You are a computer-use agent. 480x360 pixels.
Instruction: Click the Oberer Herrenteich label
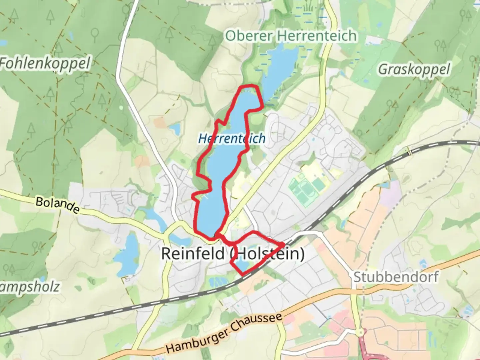click(291, 36)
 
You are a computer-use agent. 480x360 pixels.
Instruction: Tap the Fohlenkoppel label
click(45, 63)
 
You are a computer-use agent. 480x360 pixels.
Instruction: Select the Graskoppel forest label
click(414, 69)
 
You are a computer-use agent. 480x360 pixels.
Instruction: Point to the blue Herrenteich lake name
click(232, 138)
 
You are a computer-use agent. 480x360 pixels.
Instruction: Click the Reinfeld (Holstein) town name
click(233, 254)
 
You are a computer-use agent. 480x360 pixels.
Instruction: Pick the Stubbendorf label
click(396, 277)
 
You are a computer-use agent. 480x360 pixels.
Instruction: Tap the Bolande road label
click(57, 205)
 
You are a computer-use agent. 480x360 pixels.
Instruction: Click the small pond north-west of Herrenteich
click(174, 128)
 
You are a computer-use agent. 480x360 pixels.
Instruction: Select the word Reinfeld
click(193, 254)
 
